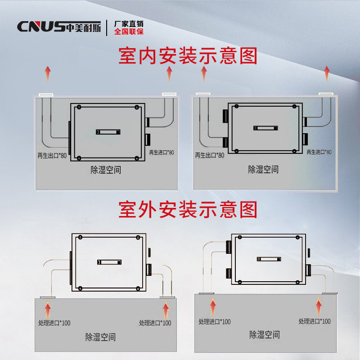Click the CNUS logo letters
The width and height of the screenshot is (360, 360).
click(x=41, y=27)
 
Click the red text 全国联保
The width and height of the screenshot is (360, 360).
click(x=129, y=32)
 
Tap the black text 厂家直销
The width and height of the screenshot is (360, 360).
click(x=129, y=23)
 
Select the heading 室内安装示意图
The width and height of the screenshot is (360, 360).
click(x=188, y=56)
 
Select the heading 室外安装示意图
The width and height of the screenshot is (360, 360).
click(x=188, y=209)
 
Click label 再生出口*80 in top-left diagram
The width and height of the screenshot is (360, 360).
click(x=52, y=156)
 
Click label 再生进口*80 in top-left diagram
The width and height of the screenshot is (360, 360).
click(x=161, y=153)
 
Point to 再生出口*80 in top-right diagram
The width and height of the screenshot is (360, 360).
click(x=210, y=155)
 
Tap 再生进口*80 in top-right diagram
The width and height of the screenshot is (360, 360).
click(x=319, y=152)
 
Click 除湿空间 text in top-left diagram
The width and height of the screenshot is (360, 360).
click(x=106, y=170)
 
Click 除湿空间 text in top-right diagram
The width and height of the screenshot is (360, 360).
click(x=263, y=170)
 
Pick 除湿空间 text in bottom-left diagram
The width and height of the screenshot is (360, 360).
click(x=100, y=337)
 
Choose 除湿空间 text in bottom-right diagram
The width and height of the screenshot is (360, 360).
click(x=265, y=335)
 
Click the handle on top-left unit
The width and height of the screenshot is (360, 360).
click(x=108, y=132)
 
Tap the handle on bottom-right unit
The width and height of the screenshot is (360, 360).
click(x=269, y=259)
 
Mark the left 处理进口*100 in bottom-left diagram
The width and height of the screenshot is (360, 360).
click(x=54, y=323)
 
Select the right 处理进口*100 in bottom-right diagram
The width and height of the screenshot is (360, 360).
click(x=315, y=321)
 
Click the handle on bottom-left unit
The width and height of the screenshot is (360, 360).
click(x=110, y=262)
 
